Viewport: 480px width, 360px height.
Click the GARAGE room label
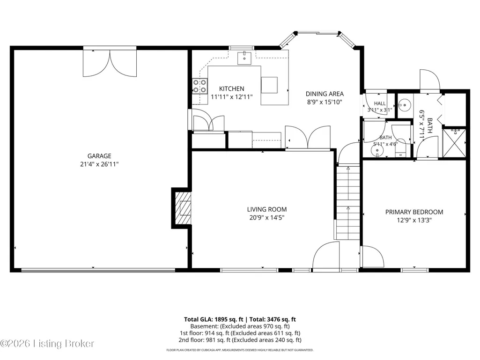coord(99,156)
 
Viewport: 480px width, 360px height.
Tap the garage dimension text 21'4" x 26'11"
coord(99,164)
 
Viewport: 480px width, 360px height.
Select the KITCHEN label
coord(232,89)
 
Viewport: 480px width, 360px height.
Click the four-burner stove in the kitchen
coord(199,86)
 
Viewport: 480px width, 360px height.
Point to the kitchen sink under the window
coord(244,58)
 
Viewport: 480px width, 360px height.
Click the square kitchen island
coord(269,85)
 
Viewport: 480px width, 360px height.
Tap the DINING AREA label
coord(325,94)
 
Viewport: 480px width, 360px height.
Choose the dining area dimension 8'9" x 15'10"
coord(325,102)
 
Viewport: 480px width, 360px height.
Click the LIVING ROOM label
coord(267,209)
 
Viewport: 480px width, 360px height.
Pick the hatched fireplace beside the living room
coord(183,208)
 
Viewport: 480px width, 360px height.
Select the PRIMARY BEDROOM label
coord(414,212)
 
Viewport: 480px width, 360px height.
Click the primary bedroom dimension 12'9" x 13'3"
coord(414,220)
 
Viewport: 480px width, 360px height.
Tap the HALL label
coord(380,103)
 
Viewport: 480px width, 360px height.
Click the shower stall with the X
coord(454,143)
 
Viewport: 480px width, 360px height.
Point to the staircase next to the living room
coord(348,203)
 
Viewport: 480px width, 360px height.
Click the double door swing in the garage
coord(110,63)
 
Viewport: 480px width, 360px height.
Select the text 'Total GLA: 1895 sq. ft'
coord(214,319)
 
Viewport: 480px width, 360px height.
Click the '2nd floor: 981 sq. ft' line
coord(205,340)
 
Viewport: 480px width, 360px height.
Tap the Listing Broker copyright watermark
coord(47,344)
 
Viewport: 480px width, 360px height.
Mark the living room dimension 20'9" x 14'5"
coord(267,218)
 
